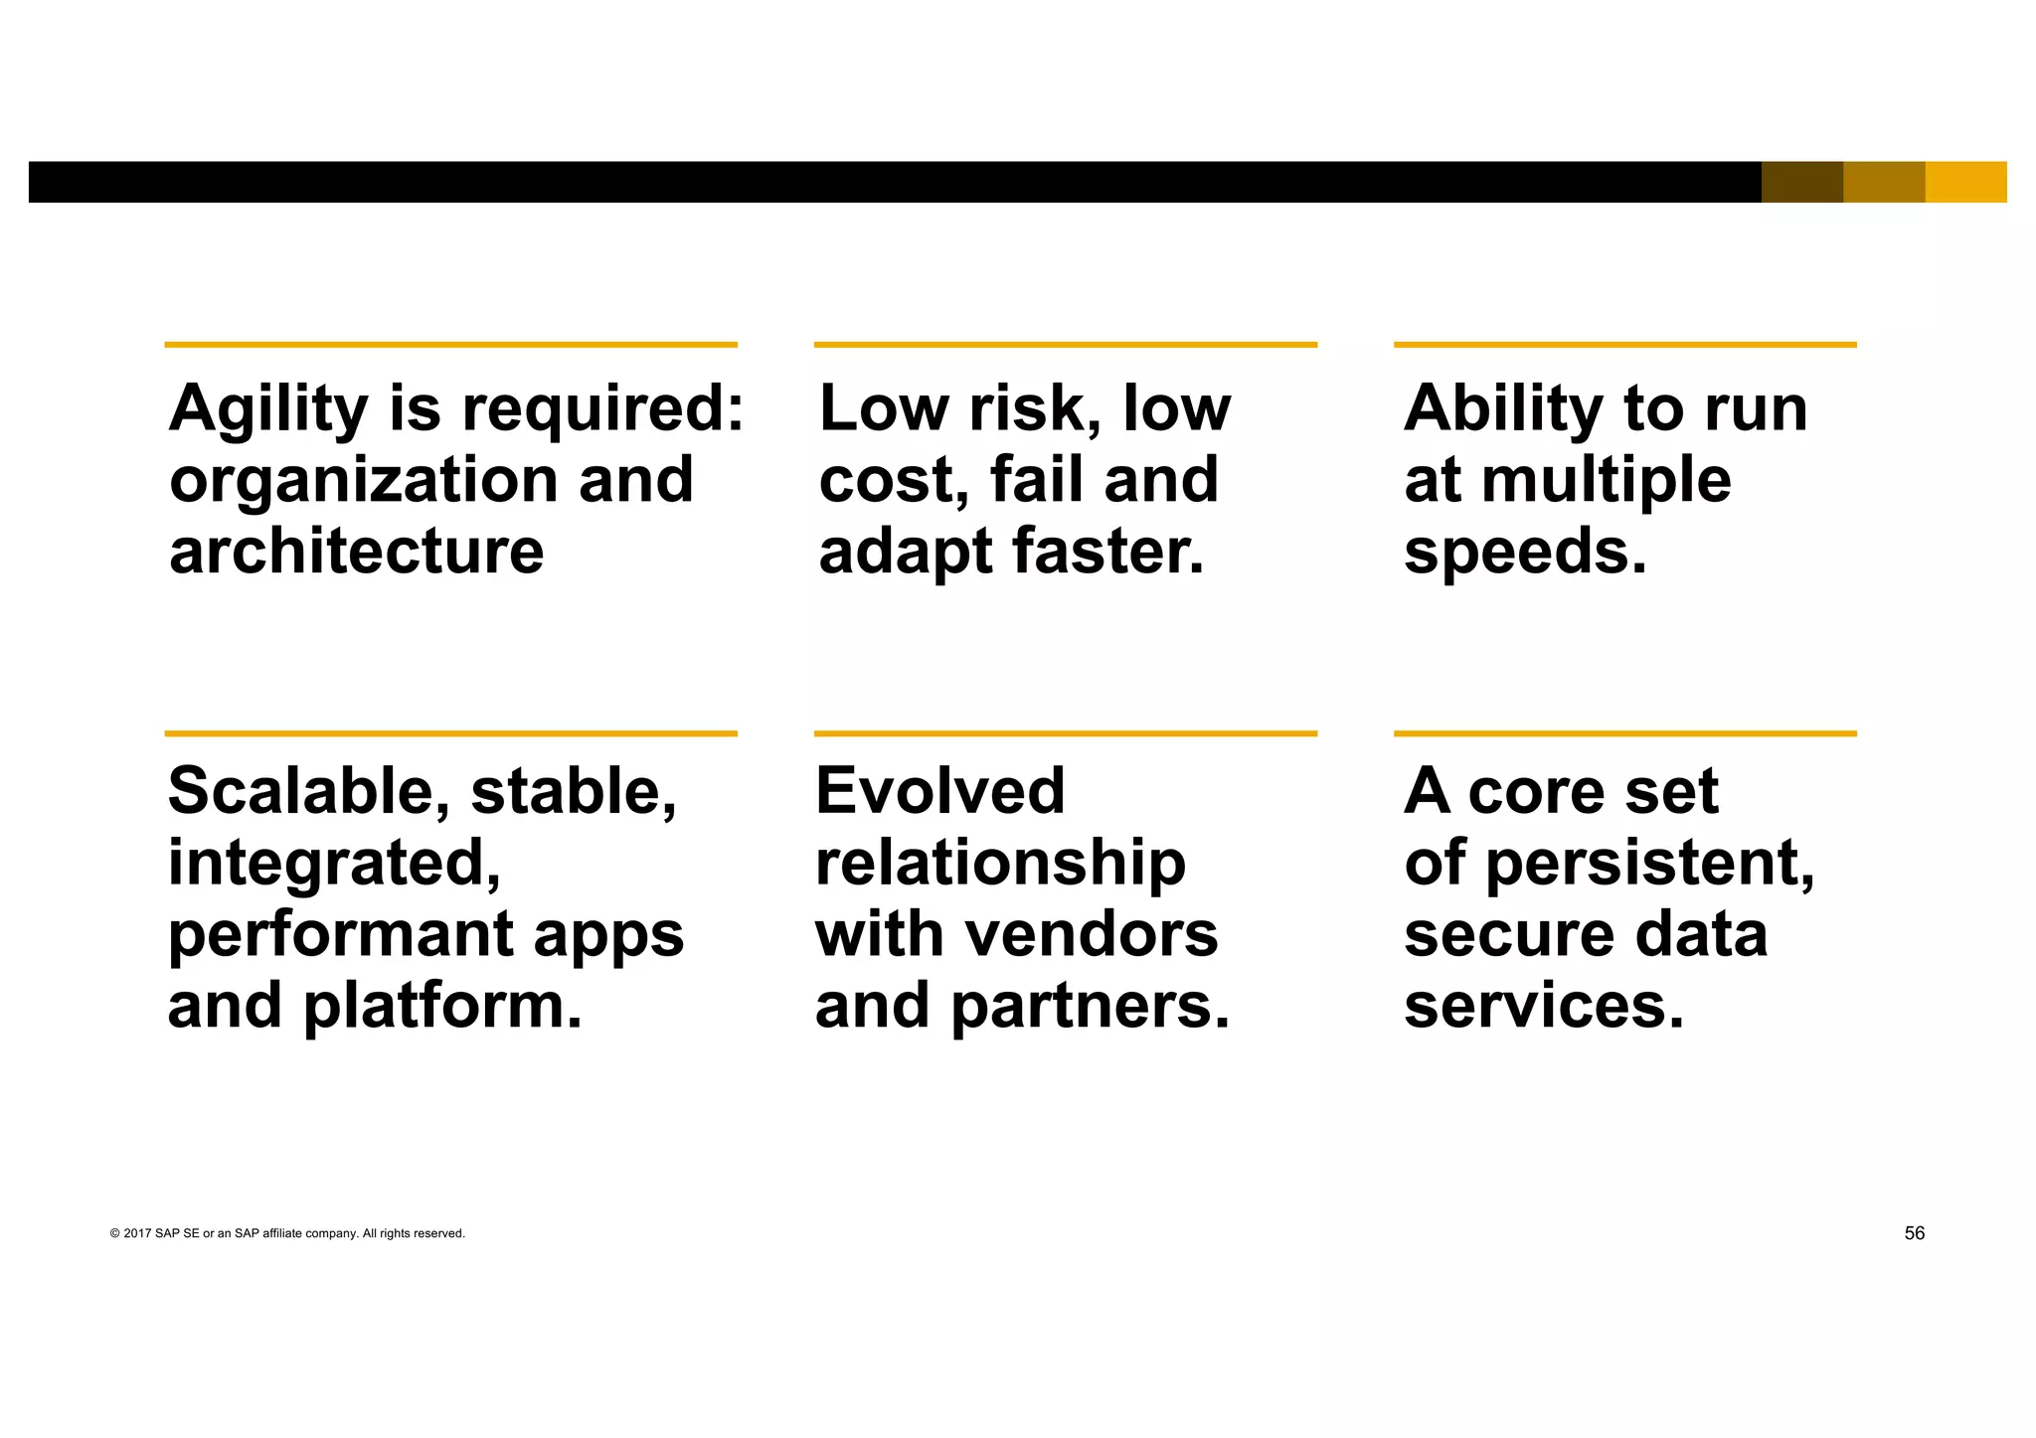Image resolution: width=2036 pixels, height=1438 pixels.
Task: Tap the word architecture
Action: (x=356, y=552)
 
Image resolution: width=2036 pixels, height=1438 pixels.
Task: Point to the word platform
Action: (x=442, y=1007)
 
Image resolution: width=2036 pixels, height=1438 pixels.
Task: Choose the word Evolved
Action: (x=939, y=791)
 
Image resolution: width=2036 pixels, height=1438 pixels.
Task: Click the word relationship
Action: (x=1000, y=863)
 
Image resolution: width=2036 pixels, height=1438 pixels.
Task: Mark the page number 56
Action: (x=1914, y=1233)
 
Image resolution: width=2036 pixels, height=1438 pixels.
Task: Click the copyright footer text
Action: (x=287, y=1233)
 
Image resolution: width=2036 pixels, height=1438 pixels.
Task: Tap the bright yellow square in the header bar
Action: (x=1965, y=182)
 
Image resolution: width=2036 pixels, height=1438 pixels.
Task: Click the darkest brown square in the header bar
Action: (x=1801, y=182)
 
